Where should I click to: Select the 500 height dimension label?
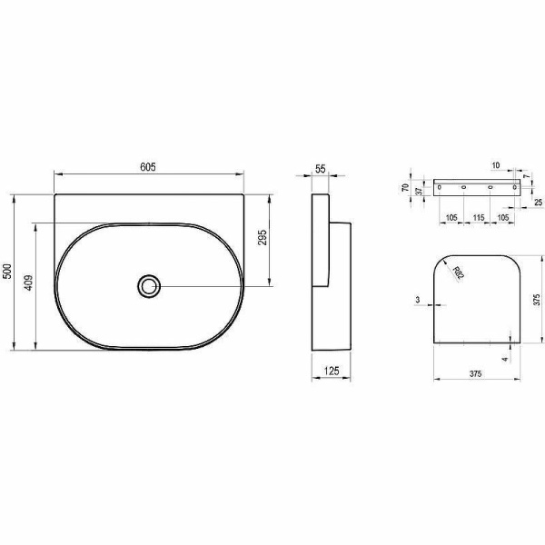pyautogui.click(x=7, y=272)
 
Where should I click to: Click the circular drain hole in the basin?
pyautogui.click(x=149, y=285)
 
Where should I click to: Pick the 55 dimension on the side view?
pyautogui.click(x=321, y=169)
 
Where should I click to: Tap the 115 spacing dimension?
pyautogui.click(x=478, y=219)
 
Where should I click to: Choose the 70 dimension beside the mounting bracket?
pyautogui.click(x=406, y=187)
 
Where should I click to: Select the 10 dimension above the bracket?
pyautogui.click(x=496, y=166)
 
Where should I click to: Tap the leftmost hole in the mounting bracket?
pyautogui.click(x=440, y=187)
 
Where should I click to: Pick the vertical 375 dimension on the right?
pyautogui.click(x=537, y=300)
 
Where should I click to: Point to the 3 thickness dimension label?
pyautogui.click(x=416, y=299)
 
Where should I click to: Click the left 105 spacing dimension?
pyautogui.click(x=451, y=219)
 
